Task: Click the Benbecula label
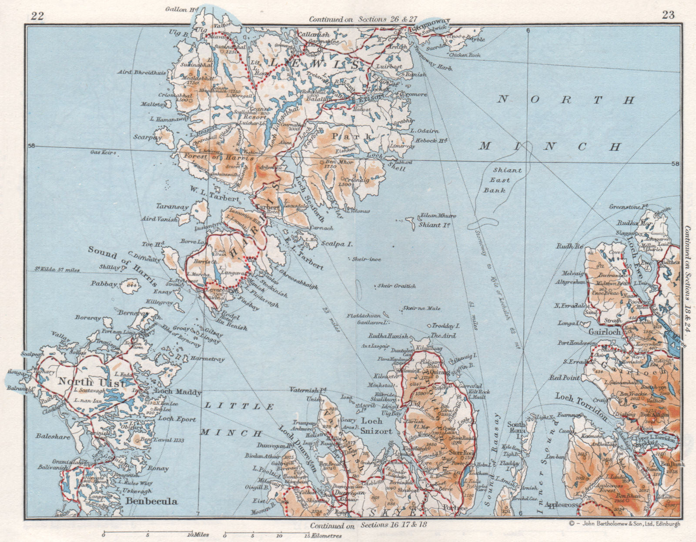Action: tap(151, 501)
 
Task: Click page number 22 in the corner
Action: tap(37, 16)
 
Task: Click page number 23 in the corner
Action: tap(668, 15)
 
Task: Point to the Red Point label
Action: tap(565, 378)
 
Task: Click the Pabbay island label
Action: tap(104, 284)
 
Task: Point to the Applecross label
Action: tap(562, 505)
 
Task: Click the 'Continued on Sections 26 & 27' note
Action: tap(363, 19)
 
